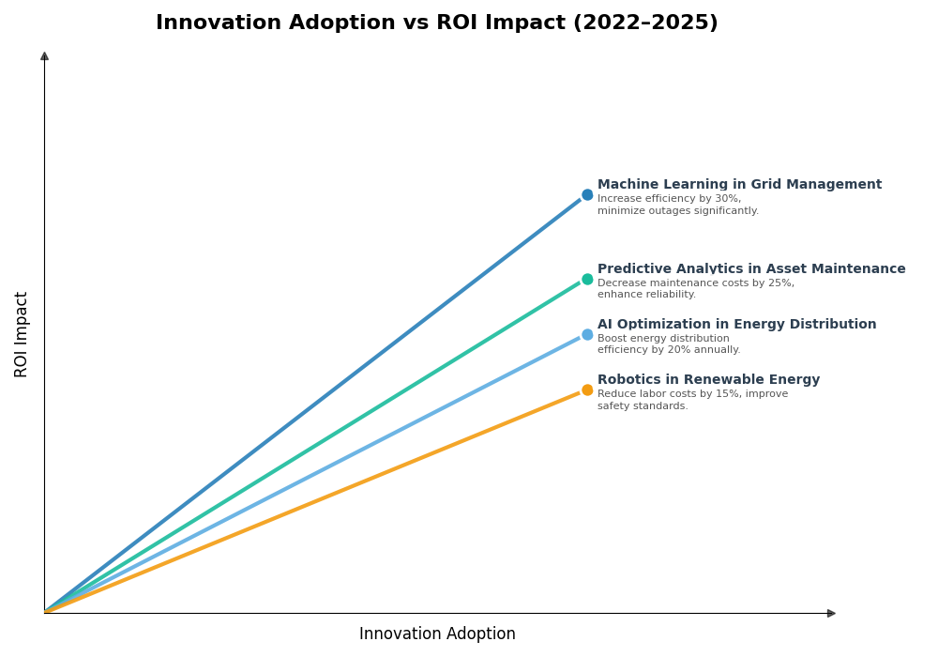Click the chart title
[x=436, y=23]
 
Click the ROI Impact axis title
[x=22, y=334]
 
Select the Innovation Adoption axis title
[x=437, y=634]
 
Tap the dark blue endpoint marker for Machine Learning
[x=587, y=195]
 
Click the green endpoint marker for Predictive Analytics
[x=587, y=279]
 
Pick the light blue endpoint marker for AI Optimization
[x=587, y=334]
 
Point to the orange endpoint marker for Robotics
[x=587, y=390]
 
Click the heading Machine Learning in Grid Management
[x=739, y=185]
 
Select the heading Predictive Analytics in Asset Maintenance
[x=751, y=269]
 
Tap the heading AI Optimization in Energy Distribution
[x=736, y=325]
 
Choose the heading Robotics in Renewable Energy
[x=708, y=380]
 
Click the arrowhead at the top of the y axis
[x=44, y=56]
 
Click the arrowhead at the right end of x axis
[x=831, y=613]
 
